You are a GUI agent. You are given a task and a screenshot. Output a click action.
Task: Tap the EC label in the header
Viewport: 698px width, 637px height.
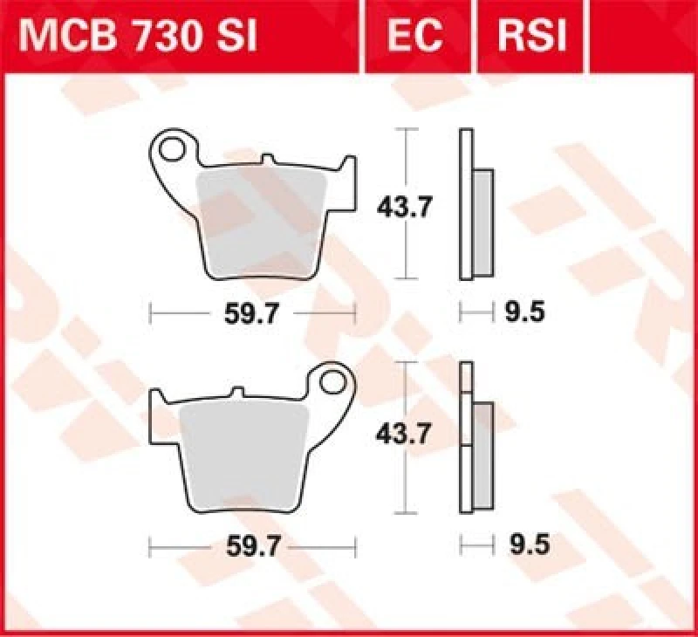tap(418, 36)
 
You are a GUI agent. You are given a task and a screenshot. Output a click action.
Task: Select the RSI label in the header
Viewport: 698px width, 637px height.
tap(531, 36)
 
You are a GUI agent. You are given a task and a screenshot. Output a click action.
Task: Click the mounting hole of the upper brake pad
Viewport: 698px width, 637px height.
tap(176, 148)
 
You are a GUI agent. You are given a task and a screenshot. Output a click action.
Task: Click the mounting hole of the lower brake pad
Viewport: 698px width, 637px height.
tap(332, 381)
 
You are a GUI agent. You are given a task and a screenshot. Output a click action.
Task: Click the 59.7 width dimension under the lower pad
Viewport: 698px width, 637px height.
tap(253, 547)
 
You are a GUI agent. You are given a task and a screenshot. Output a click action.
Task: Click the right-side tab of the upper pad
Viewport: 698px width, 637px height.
tap(348, 179)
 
